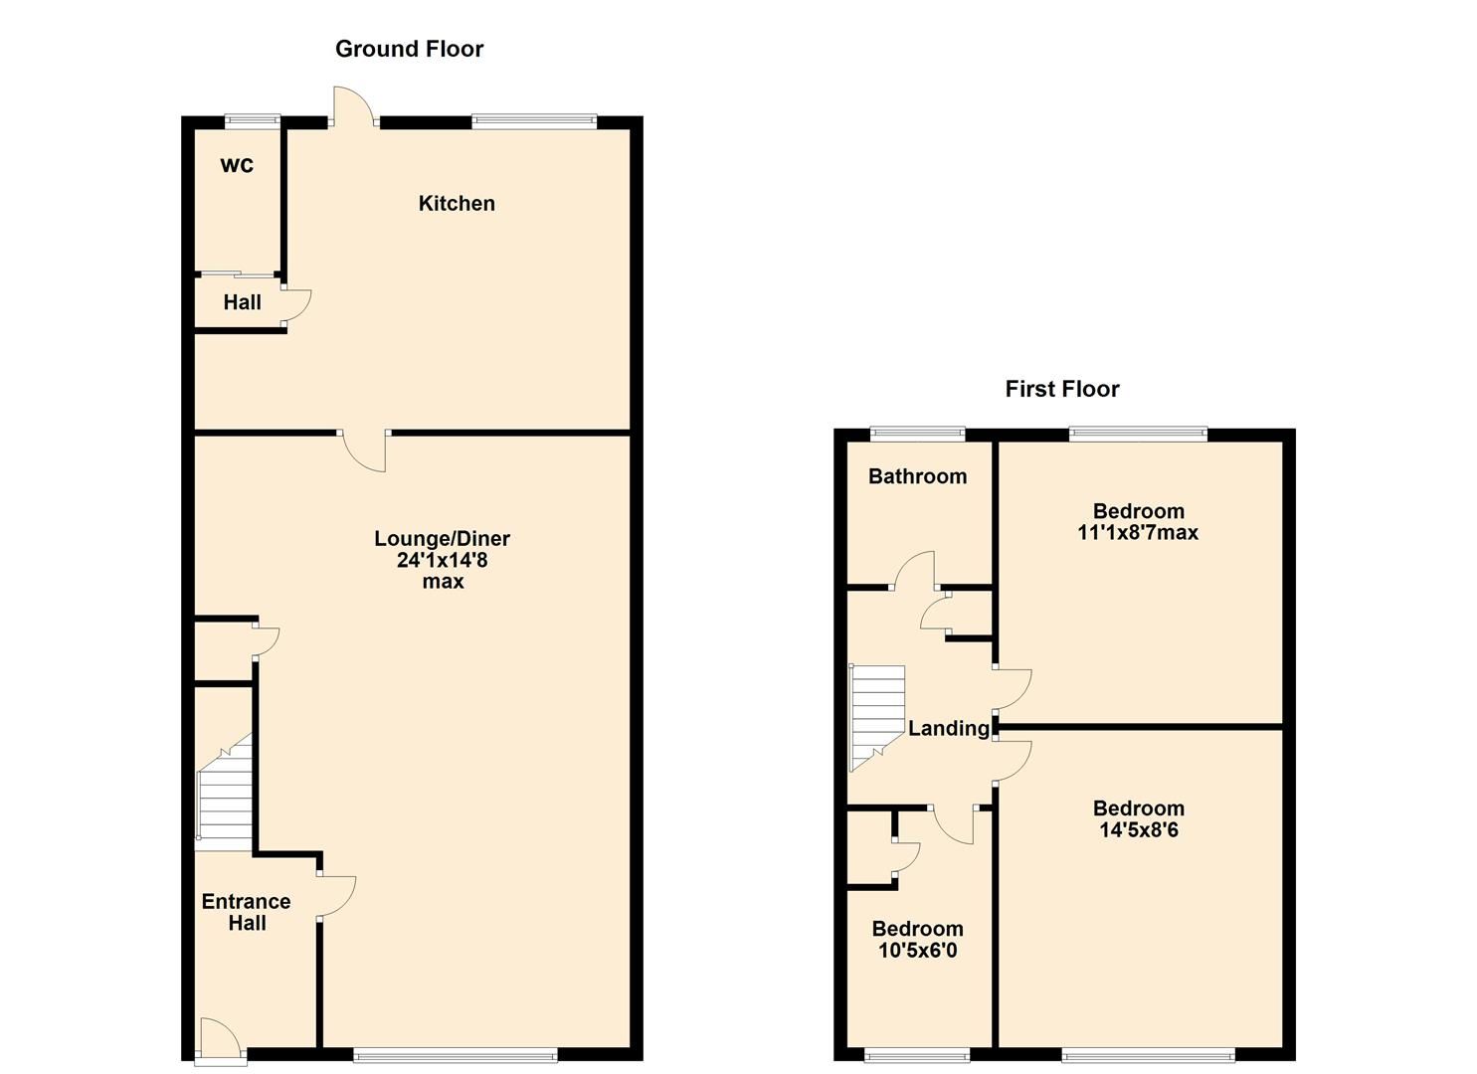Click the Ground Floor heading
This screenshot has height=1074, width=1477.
click(409, 49)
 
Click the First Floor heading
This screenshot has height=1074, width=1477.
click(1061, 389)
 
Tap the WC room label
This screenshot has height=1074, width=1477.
click(237, 165)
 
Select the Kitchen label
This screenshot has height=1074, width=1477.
click(457, 203)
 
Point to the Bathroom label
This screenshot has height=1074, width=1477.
click(917, 476)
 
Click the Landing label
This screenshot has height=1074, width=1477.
click(948, 728)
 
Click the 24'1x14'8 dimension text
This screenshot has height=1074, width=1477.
click(443, 560)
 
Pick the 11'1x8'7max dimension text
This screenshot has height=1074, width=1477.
click(1138, 533)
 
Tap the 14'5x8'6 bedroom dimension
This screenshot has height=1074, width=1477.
click(1139, 829)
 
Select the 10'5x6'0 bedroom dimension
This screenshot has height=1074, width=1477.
click(917, 950)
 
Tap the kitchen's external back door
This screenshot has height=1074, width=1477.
click(353, 107)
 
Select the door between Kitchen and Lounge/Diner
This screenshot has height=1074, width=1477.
click(364, 449)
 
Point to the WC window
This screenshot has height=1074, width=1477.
click(252, 121)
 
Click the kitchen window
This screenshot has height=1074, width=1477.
click(534, 122)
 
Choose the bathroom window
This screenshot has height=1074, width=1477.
click(917, 433)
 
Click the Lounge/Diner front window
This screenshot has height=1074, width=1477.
click(455, 1055)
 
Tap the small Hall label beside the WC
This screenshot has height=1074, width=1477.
click(242, 302)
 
